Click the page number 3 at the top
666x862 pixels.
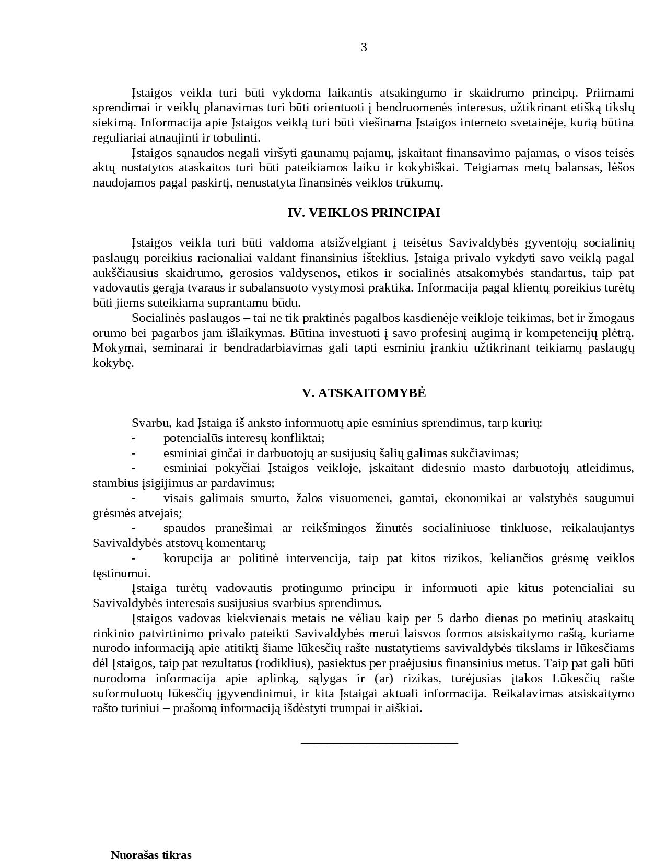[x=364, y=48]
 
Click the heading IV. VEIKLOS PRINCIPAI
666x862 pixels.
[x=364, y=213]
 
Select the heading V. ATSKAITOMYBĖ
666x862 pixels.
[x=364, y=393]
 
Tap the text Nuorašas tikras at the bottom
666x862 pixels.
[x=151, y=855]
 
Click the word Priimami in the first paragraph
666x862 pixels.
[x=609, y=93]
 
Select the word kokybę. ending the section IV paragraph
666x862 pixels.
[x=113, y=363]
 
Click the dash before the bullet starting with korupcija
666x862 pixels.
[x=134, y=558]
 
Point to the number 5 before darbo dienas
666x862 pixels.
[x=440, y=619]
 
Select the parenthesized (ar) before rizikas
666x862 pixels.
[x=384, y=679]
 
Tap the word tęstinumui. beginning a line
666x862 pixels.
[x=121, y=573]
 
